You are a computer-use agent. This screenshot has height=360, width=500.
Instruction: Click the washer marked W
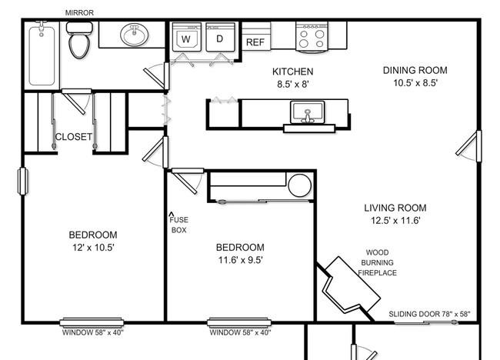187,37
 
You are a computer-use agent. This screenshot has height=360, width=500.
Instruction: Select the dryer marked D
220,37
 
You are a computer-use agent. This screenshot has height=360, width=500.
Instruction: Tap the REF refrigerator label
255,42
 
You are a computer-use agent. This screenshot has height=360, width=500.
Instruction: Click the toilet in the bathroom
78,40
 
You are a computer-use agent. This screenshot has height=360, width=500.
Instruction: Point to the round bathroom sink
135,35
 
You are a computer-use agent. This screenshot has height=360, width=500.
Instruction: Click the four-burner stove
312,37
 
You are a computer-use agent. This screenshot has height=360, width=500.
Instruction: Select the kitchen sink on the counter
308,112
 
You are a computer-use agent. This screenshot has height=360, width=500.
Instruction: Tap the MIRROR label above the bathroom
79,13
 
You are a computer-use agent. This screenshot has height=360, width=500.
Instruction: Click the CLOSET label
74,137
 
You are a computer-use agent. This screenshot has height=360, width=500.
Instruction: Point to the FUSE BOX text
179,225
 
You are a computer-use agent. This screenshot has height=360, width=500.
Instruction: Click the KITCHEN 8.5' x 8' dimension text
293,78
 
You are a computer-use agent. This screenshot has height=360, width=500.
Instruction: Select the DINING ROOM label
415,70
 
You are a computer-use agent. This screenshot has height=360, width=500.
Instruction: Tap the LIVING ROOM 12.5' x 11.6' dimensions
395,220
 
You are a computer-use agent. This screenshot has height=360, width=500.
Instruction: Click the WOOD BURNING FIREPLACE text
378,263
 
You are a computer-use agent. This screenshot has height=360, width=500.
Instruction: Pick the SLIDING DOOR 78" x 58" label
429,314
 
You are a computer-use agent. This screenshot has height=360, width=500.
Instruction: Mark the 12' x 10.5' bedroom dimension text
93,248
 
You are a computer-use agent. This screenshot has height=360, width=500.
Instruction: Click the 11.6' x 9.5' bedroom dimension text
241,260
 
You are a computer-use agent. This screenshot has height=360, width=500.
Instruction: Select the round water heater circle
300,185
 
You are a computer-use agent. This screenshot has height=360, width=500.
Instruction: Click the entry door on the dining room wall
469,146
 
